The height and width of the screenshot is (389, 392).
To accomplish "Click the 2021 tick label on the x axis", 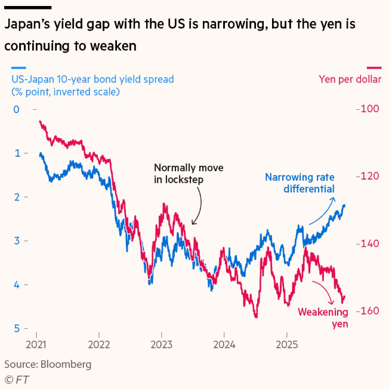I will [x=36, y=344].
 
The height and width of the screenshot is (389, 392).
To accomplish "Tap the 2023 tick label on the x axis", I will [x=161, y=344].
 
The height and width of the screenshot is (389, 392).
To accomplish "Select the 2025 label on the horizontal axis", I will [x=286, y=344].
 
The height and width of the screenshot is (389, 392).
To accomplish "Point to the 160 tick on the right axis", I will [x=368, y=311].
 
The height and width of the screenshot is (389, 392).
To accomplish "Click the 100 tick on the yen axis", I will [x=368, y=109].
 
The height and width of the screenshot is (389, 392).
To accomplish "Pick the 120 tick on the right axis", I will [x=368, y=177].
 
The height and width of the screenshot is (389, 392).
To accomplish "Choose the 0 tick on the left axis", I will [x=16, y=109].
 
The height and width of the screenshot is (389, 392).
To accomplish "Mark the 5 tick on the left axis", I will [x=16, y=329].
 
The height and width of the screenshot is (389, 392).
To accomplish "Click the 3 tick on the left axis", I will [x=16, y=241].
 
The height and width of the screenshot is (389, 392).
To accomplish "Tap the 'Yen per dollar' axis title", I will [x=350, y=79].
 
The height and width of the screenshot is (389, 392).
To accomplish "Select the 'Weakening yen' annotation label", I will [x=322, y=318].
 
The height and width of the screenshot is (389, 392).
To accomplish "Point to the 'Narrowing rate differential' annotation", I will [x=300, y=183].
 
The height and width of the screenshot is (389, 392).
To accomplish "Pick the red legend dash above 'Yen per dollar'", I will [x=374, y=67].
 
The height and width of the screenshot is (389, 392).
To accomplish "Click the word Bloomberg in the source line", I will [x=65, y=363].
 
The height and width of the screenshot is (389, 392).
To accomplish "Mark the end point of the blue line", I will [x=344, y=205].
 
